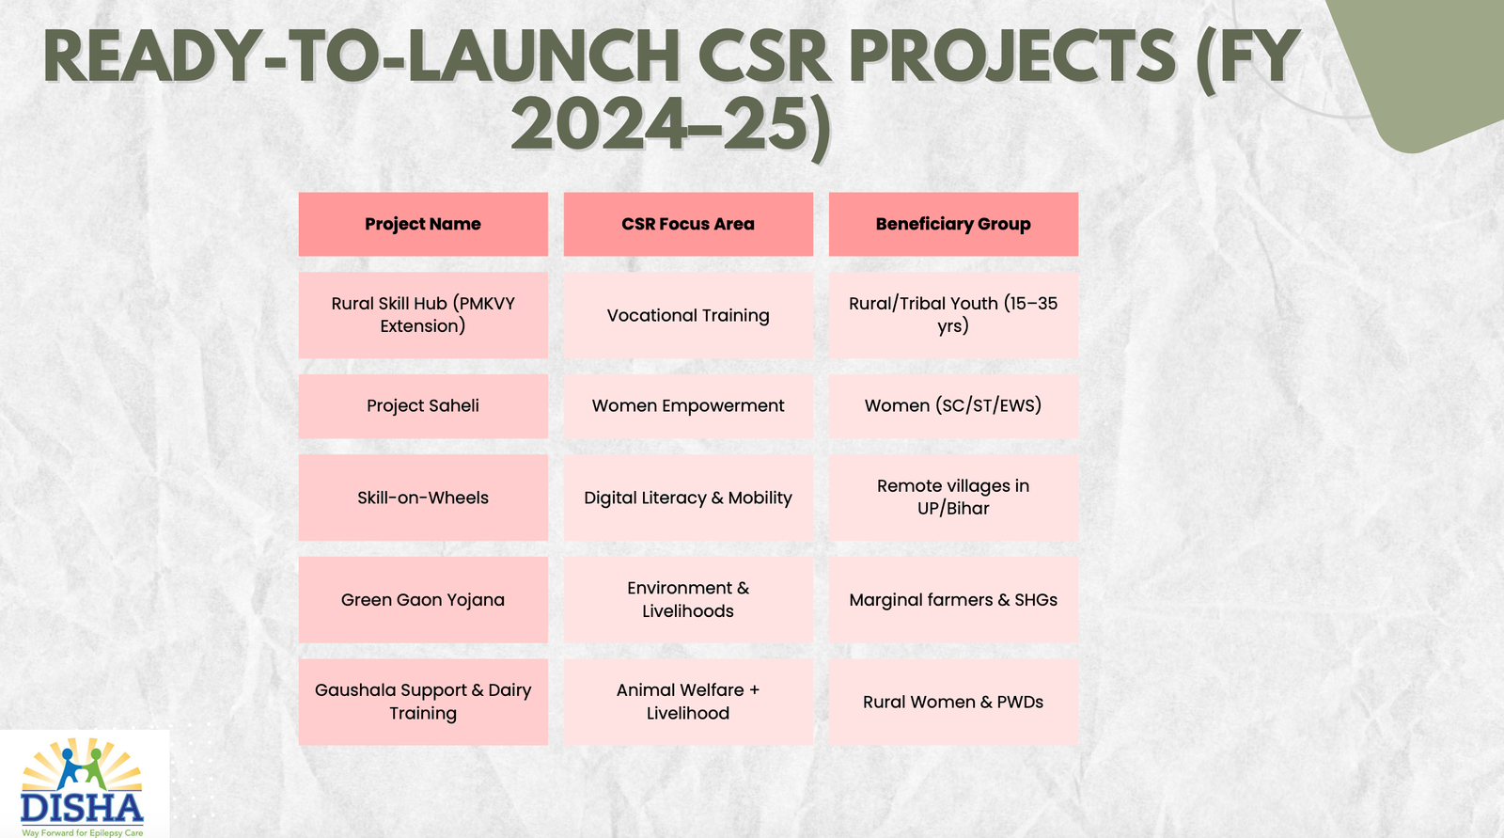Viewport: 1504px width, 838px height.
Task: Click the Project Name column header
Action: [x=423, y=224]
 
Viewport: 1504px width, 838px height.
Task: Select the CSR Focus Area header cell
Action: [x=688, y=224]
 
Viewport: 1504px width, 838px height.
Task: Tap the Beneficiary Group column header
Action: [x=953, y=224]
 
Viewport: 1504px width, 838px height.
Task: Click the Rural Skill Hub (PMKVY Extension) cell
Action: [x=423, y=315]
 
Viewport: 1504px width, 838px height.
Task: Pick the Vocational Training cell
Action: [x=688, y=315]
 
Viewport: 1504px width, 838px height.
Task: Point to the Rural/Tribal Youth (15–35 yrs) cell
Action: [x=953, y=315]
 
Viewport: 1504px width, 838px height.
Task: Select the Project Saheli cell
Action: [x=423, y=405]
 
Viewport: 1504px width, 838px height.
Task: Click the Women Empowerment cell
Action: [x=688, y=405]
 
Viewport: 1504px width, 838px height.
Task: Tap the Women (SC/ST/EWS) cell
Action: [x=953, y=405]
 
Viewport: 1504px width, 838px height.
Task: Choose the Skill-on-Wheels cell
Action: [x=423, y=498]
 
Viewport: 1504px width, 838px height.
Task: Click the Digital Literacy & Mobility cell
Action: [x=688, y=498]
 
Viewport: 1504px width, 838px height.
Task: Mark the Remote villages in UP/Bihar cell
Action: [x=953, y=498]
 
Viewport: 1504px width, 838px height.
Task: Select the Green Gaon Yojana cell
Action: [x=423, y=600]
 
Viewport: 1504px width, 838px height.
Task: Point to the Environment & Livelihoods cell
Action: [x=688, y=600]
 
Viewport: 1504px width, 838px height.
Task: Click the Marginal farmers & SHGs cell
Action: [x=953, y=600]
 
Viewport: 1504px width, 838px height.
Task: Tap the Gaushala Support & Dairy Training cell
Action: [x=423, y=702]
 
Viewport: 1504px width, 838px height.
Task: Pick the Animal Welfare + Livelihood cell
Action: [x=688, y=702]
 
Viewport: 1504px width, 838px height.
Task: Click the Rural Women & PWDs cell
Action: [x=953, y=702]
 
